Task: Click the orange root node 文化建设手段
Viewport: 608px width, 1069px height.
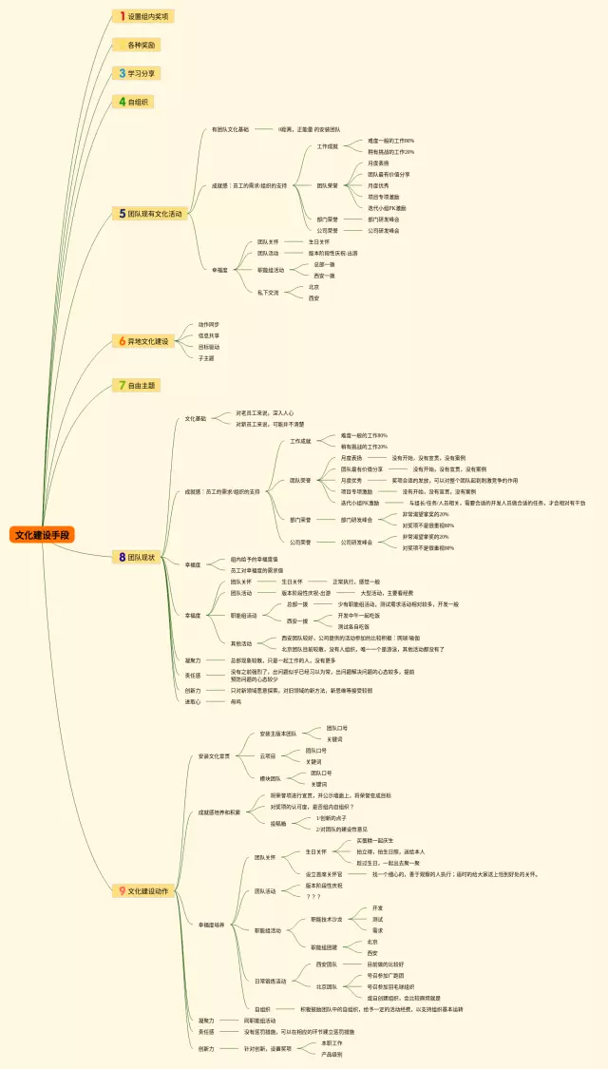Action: [x=42, y=535]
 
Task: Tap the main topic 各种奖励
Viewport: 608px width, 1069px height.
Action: [x=142, y=45]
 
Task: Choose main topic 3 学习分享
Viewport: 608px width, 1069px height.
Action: [x=139, y=72]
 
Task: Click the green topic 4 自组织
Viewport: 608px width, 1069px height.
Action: [x=134, y=101]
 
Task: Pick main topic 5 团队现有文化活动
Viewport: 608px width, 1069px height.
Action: [x=150, y=214]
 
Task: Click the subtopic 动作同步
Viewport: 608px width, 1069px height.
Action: [x=208, y=324]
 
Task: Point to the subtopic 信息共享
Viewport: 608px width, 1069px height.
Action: [x=208, y=335]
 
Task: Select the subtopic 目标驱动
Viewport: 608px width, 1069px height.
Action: [x=208, y=347]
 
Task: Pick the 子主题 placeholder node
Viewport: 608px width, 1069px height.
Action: [x=206, y=358]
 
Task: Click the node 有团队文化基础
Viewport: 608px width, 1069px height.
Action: [x=230, y=129]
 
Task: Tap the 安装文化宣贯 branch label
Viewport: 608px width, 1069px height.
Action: [x=214, y=756]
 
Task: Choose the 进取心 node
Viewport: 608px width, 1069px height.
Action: [x=193, y=675]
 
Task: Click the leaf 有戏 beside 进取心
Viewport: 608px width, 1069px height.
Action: [x=236, y=675]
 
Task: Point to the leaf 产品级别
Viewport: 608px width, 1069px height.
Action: [x=332, y=1054]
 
